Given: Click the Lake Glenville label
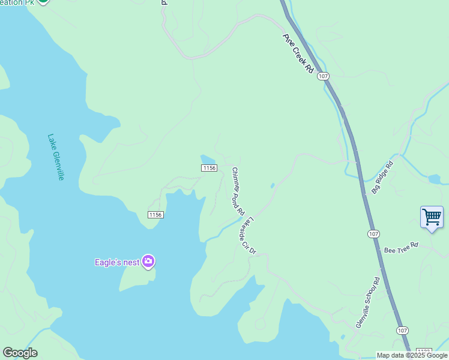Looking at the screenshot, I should tap(55, 157).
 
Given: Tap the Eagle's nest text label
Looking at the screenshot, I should tap(117, 262).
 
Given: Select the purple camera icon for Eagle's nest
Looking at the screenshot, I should tap(148, 262).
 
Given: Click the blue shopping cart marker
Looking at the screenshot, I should tap(432, 217).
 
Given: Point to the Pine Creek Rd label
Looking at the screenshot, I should tap(298, 53).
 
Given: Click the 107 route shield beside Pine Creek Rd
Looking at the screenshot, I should tap(324, 76).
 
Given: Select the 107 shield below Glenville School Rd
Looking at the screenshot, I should tap(402, 331).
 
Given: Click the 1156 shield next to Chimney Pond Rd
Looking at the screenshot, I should tap(208, 168).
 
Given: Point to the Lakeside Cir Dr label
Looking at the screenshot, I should tap(248, 234).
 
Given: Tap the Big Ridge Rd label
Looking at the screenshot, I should tap(382, 177).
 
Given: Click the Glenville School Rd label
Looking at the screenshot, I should tap(368, 302).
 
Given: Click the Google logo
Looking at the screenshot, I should tap(20, 353).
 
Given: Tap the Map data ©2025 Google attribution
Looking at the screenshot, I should tap(412, 355).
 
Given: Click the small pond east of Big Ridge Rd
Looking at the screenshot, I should tap(434, 179).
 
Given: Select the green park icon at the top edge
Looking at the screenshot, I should tap(43, 2).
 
